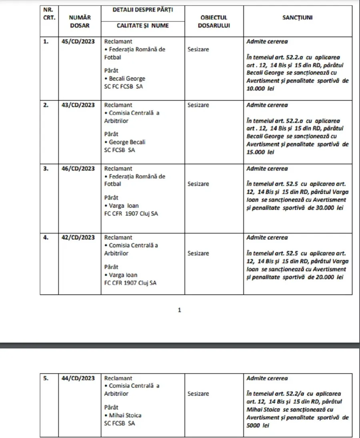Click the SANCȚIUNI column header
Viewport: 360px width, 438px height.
point(298,18)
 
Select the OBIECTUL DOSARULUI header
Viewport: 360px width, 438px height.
point(214,21)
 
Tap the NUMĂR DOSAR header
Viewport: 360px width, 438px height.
point(80,21)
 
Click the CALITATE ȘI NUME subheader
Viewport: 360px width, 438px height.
point(143,26)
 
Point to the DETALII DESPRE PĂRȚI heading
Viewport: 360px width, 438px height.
point(143,10)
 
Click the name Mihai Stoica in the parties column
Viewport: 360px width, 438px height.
point(125,415)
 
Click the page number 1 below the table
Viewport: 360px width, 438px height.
point(179,310)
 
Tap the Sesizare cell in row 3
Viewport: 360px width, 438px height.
point(198,184)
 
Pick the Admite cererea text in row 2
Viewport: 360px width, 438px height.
point(267,105)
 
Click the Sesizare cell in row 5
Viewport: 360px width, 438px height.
point(198,394)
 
